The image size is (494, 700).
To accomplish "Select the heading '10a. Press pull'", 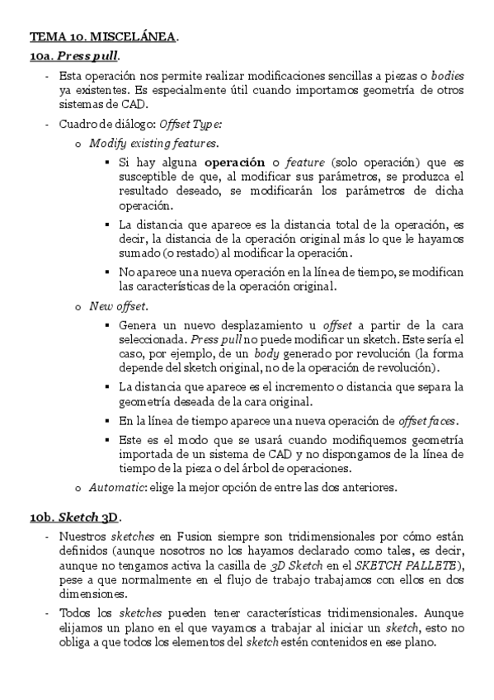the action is coord(74,56).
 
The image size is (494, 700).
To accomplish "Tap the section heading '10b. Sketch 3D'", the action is coord(75,518).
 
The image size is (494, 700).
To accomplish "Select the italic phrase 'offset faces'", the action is coord(427,421).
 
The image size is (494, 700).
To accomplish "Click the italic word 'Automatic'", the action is coord(117,486).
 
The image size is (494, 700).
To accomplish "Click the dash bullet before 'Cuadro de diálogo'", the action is coord(48,124).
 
